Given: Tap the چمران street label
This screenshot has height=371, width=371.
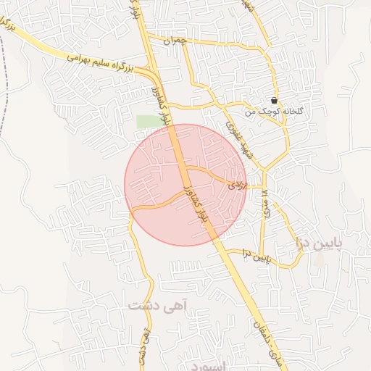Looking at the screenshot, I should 175,41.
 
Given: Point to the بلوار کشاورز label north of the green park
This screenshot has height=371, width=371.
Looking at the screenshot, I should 161,101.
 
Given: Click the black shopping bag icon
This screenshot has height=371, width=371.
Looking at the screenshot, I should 274,100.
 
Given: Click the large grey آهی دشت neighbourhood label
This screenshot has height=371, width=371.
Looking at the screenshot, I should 158,305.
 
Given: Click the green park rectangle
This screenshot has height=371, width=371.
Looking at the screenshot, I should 149,121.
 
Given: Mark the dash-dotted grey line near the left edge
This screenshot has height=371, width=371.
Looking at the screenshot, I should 3,87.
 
